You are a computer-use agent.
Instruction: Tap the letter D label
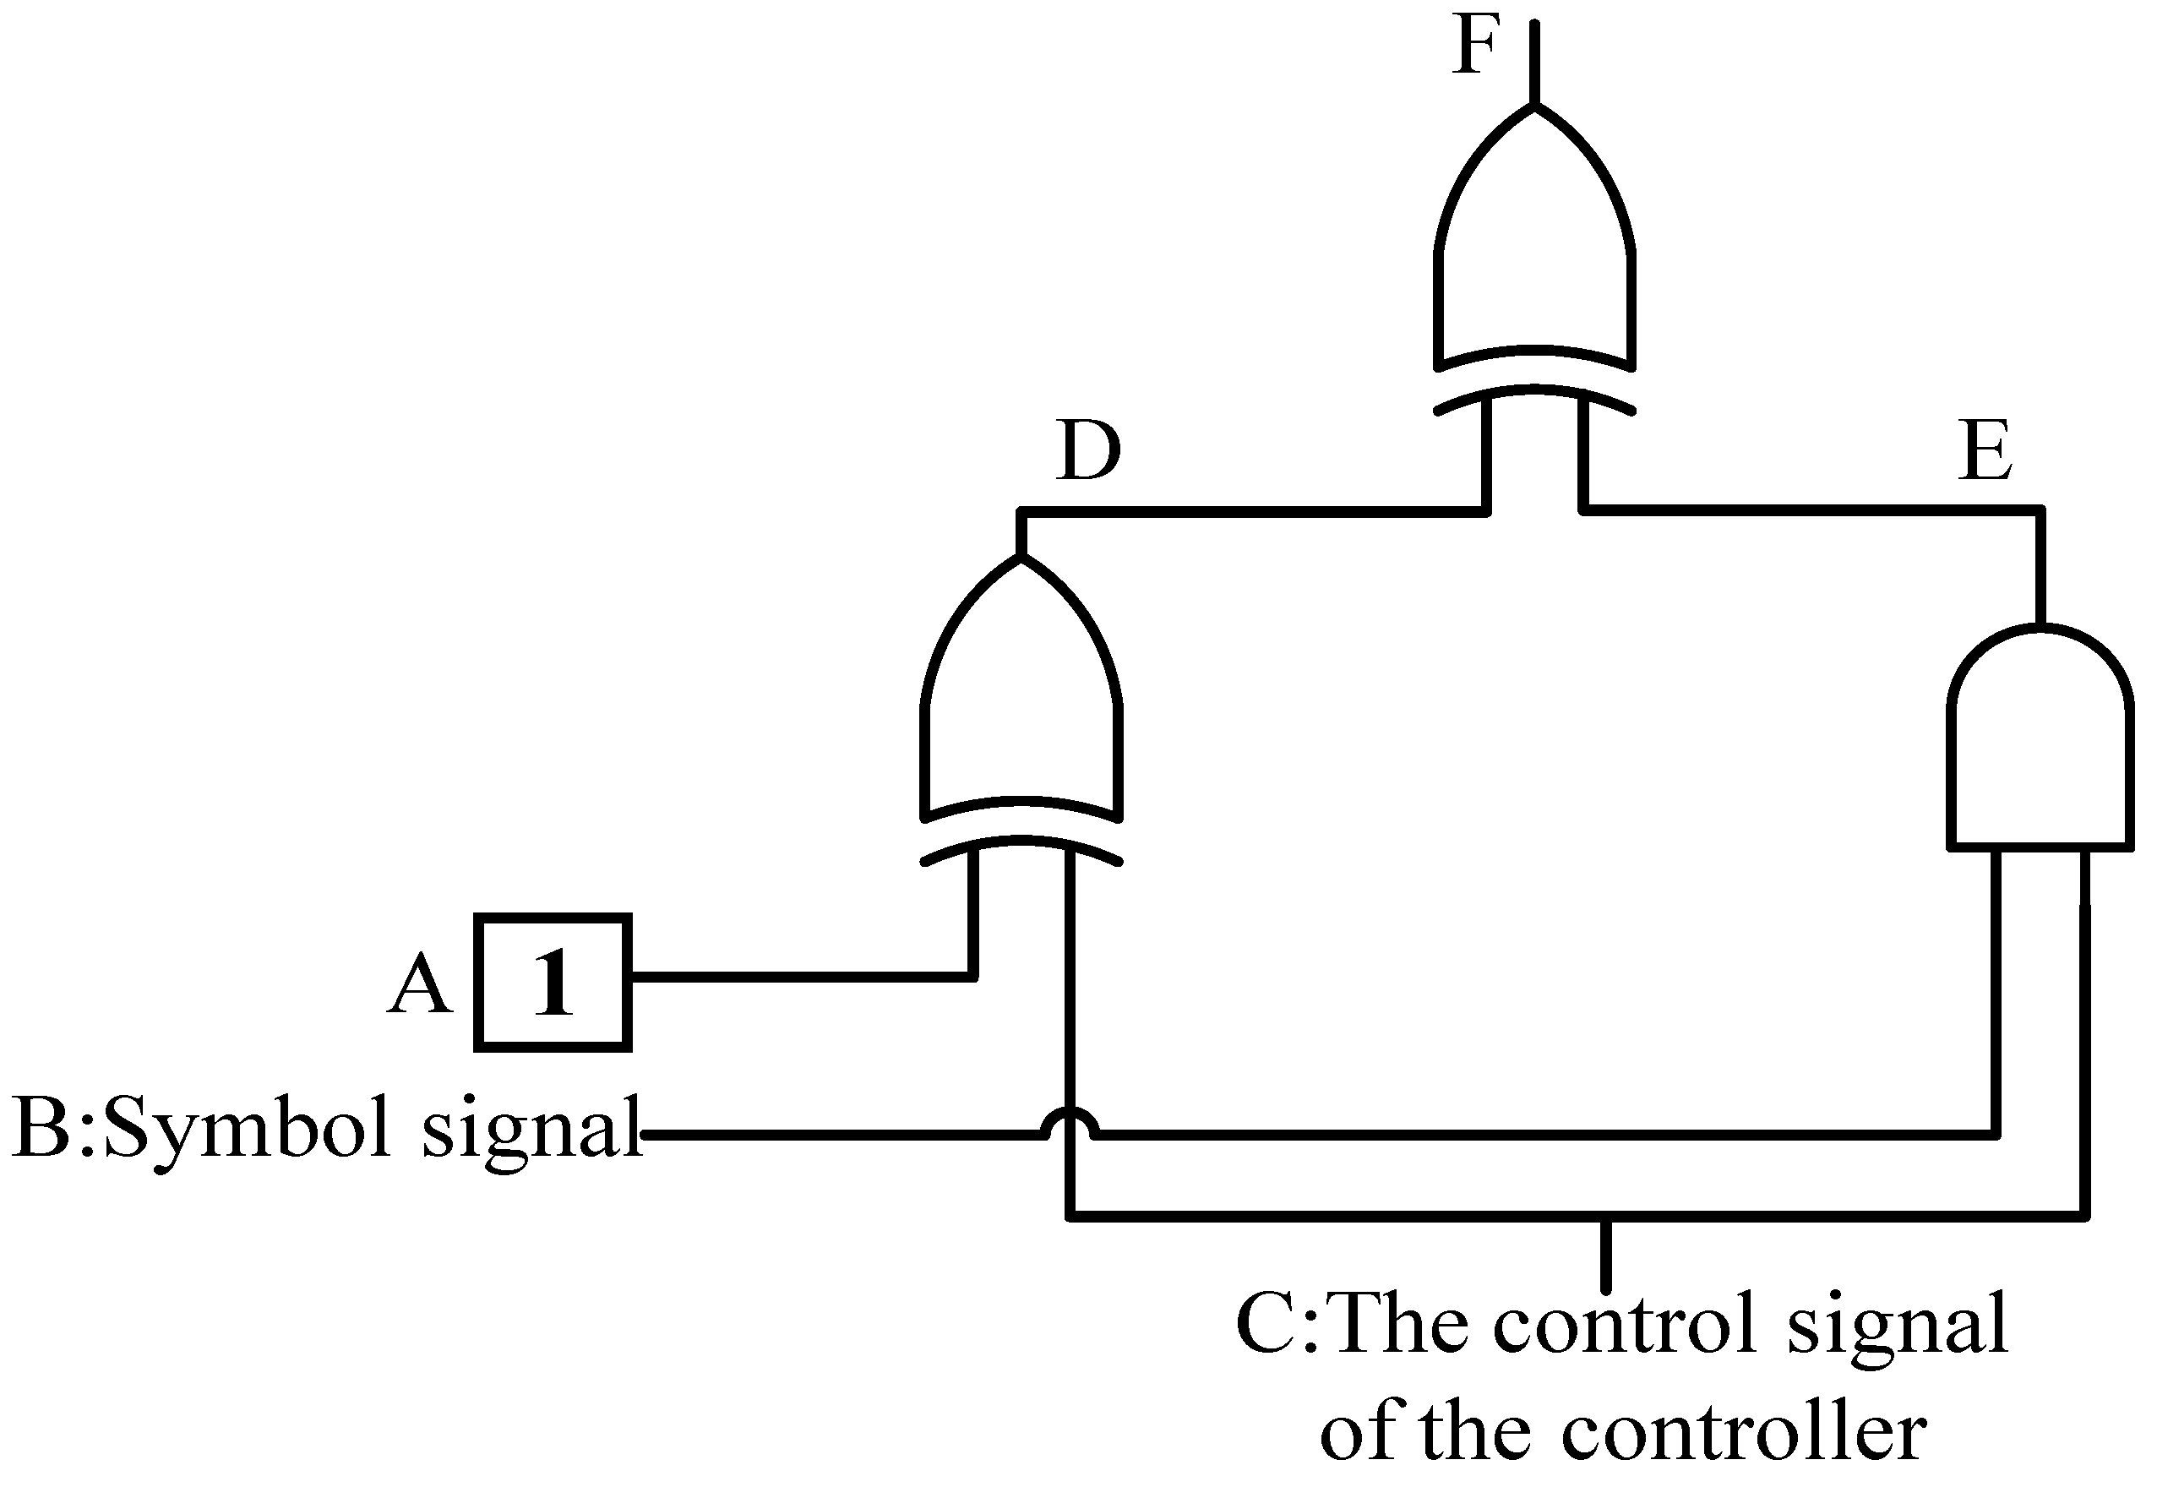pos(1087,452)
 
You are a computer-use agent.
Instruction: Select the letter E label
pos(1985,452)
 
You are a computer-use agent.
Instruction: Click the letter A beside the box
pos(420,985)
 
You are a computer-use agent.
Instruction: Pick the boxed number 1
pos(553,983)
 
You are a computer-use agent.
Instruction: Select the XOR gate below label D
pos(1021,708)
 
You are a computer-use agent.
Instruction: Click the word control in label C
pos(1625,1324)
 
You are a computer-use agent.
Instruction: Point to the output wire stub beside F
pos(1533,61)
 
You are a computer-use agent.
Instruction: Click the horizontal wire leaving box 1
pos(801,977)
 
